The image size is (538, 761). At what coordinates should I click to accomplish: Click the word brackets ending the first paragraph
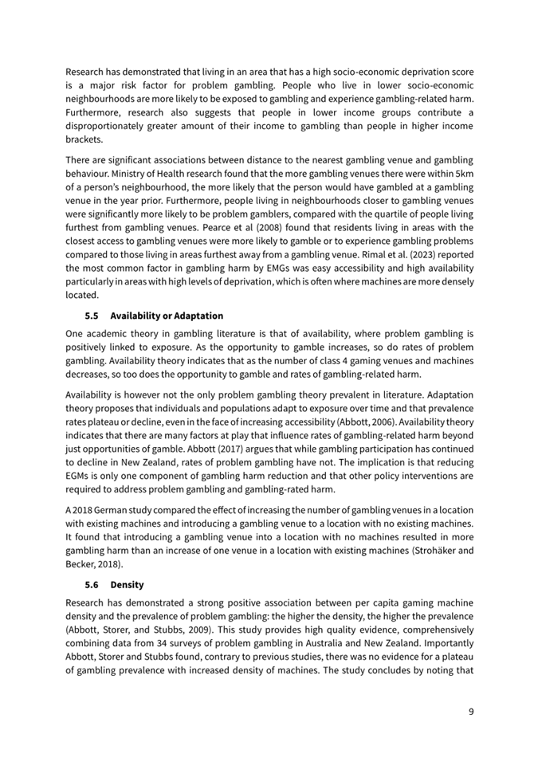point(84,139)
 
